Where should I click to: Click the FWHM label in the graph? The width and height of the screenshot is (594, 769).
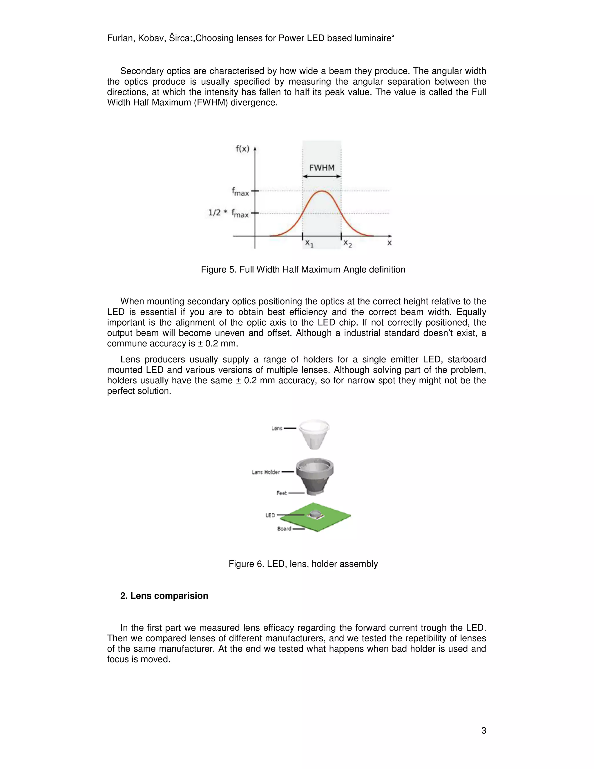322,168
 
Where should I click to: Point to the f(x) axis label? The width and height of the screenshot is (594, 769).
242,149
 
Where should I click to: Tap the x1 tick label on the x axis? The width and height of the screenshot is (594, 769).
309,243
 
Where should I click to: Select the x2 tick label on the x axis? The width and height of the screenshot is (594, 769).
347,243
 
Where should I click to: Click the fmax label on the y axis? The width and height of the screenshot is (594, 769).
240,192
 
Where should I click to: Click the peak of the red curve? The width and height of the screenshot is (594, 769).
322,191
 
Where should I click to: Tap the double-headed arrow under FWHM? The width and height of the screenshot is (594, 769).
322,176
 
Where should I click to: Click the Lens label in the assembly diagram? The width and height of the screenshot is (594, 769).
277,428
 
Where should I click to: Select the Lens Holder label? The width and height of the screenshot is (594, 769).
266,472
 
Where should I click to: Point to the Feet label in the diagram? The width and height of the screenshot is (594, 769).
282,493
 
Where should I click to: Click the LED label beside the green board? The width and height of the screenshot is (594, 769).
270,515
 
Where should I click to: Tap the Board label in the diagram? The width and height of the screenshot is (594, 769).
284,528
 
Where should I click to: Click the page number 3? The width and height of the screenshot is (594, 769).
483,731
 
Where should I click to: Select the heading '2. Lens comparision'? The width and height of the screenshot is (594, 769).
164,596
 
